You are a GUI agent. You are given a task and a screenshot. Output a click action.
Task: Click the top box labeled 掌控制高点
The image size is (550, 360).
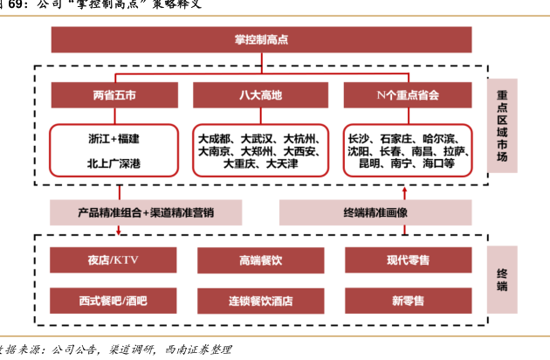coord(260,39)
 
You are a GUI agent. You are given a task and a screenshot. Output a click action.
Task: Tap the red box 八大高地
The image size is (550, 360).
coord(260,93)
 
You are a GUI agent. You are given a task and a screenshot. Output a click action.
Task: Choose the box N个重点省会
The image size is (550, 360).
coord(407,93)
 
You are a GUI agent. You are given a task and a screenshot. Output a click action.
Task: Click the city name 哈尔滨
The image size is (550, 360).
coord(439,138)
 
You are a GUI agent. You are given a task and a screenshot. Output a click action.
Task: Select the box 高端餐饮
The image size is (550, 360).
coord(260,260)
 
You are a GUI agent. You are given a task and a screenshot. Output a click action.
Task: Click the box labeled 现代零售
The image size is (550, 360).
coord(407,260)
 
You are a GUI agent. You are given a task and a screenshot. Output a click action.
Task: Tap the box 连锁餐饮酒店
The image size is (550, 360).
coord(260,301)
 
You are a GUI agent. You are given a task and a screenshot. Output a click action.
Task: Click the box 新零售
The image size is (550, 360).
coord(407,301)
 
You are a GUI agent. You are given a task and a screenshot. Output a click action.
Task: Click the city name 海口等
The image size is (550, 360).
coord(437,163)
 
